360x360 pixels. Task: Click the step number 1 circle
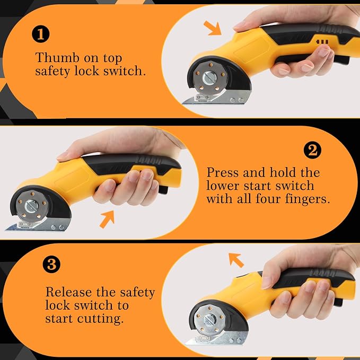pos(41,34)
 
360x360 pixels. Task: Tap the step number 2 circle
pos(312,150)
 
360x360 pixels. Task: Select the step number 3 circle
pos(51,264)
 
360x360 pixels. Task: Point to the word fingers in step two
pos(308,199)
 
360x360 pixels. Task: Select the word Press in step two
pos(222,172)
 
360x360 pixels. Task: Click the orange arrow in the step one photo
pos(213,28)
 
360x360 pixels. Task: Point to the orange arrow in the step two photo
pos(107,219)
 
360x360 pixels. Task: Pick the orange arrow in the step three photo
pos(236,260)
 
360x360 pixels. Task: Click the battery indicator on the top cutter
pos(322,42)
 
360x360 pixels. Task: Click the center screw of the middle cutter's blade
pos(31,206)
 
